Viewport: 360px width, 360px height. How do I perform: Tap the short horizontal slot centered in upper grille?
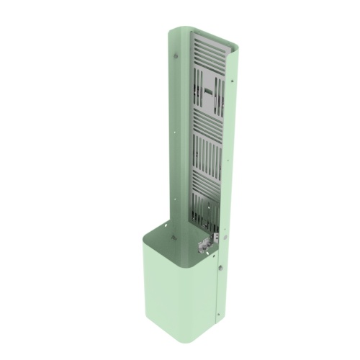point(207,93)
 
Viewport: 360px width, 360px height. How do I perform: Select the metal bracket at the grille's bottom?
point(210,241)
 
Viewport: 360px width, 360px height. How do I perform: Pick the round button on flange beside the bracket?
point(225,232)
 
